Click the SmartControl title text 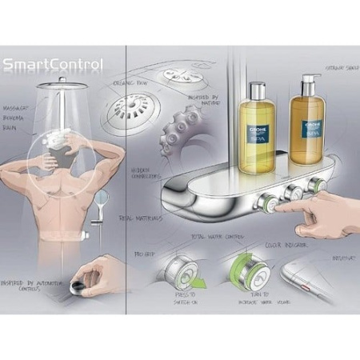52,65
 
